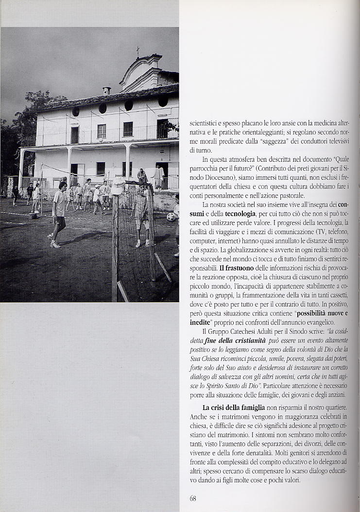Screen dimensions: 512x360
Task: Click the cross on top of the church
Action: pyautogui.click(x=137, y=51)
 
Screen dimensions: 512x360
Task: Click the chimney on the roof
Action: pyautogui.click(x=106, y=91)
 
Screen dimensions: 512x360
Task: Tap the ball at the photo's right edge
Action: pyautogui.click(x=171, y=217)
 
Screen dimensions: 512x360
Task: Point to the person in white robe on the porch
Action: pyautogui.click(x=159, y=177)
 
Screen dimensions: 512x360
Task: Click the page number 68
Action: pyautogui.click(x=193, y=498)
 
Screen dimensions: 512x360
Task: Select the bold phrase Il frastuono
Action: pyautogui.click(x=235, y=268)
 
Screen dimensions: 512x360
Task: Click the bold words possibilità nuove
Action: pyautogui.click(x=321, y=313)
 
